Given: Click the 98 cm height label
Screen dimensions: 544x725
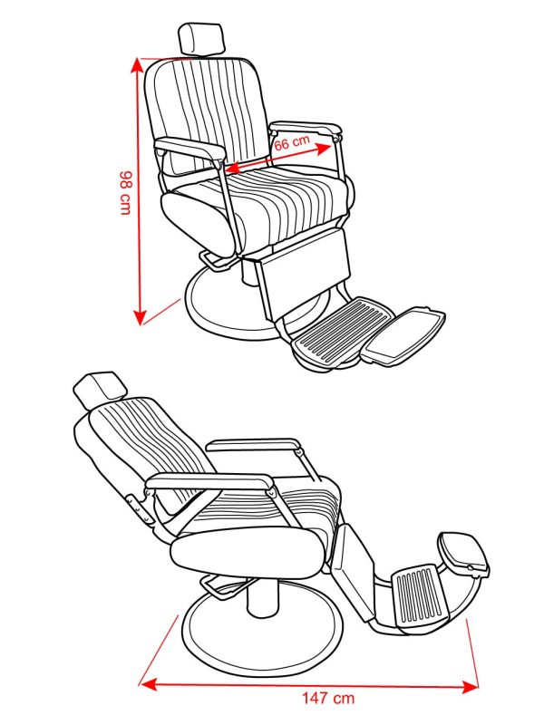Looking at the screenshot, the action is point(126,193).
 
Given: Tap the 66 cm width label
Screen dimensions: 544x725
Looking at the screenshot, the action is point(292,141).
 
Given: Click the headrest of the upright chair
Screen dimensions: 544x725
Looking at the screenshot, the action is point(200,39).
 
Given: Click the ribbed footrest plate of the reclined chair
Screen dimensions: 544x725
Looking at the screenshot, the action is point(421,595).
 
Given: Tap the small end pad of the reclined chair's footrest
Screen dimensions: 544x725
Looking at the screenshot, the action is point(463,554).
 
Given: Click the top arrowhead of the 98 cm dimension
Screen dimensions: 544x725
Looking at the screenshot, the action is point(137,64).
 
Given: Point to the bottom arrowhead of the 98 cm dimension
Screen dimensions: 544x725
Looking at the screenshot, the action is point(140,317).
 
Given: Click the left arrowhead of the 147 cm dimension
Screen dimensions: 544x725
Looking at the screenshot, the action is point(148,684).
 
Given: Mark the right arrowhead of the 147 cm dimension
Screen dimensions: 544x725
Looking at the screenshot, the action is point(470,687).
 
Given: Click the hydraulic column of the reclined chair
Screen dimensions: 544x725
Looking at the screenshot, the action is point(262,596).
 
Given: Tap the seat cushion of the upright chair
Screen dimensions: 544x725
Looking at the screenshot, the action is point(259,208).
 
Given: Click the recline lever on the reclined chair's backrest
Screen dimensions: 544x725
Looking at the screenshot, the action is point(139,508).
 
